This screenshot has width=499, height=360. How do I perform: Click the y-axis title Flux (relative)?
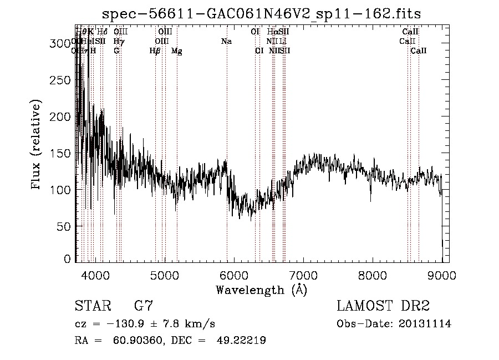pyautogui.click(x=37, y=145)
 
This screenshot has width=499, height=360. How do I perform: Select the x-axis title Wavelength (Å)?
pyautogui.click(x=261, y=290)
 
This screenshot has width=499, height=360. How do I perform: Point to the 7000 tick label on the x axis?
pyautogui.click(x=303, y=275)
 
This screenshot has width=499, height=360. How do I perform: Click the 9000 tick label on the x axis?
pyautogui.click(x=442, y=275)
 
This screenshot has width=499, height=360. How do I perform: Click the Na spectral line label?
pyautogui.click(x=226, y=41)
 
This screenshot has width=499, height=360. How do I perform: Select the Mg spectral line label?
pyautogui.click(x=176, y=50)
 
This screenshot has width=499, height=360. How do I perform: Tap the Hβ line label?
pyautogui.click(x=155, y=50)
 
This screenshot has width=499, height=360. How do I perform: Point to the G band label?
pyautogui.click(x=116, y=50)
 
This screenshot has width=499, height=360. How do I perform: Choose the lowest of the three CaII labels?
pyautogui.click(x=419, y=50)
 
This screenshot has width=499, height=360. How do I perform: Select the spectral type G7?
pyautogui.click(x=143, y=306)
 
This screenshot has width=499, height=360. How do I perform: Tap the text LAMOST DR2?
pyautogui.click(x=383, y=306)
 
